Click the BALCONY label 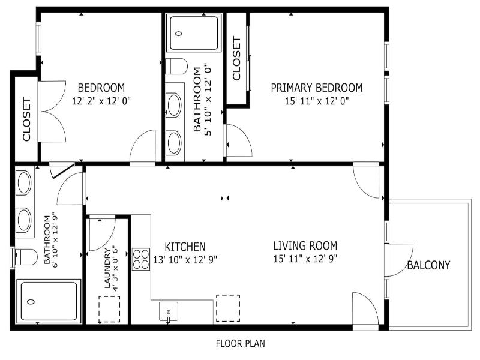(428, 265)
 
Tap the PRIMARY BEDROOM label (317, 88)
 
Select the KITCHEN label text (185, 247)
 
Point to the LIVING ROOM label (305, 245)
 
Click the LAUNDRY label (107, 268)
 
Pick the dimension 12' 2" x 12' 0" (101, 101)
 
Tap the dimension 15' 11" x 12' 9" (305, 259)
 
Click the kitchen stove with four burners (141, 259)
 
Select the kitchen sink (169, 311)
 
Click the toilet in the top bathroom (176, 67)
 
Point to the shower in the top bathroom (194, 33)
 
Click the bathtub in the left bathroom (49, 301)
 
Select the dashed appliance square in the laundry (109, 309)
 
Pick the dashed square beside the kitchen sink (228, 308)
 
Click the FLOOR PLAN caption (241, 343)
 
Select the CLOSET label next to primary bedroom (236, 58)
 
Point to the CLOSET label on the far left (26, 119)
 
